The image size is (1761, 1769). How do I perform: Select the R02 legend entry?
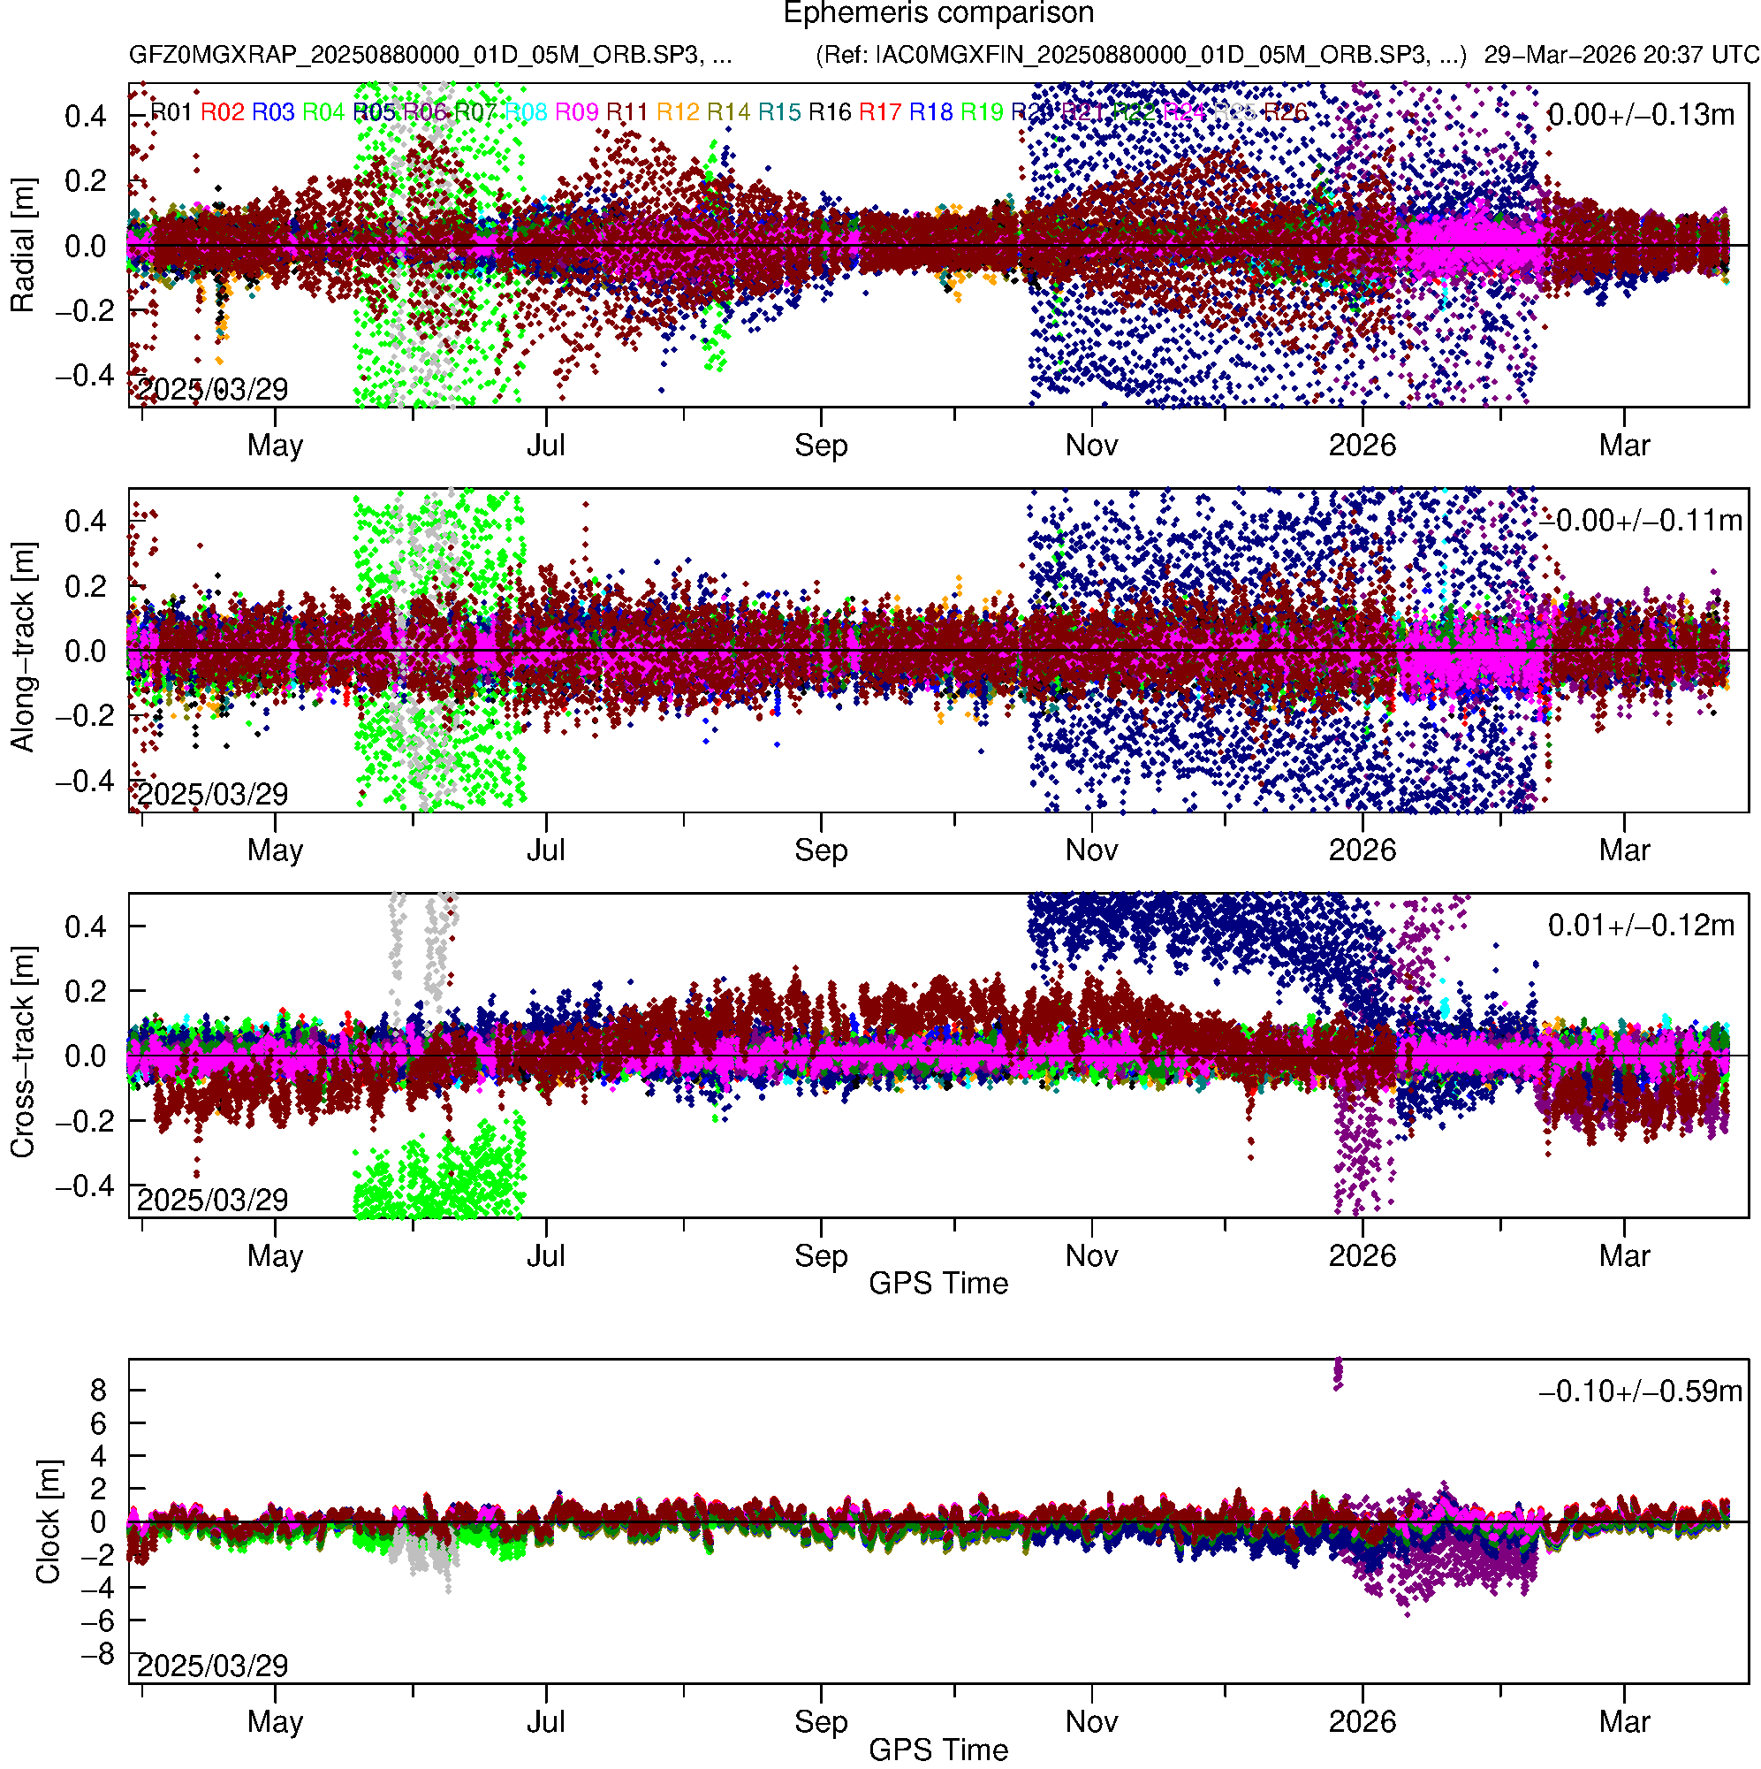223,112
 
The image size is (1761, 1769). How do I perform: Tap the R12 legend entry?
678,112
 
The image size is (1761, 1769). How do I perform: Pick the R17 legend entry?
879,112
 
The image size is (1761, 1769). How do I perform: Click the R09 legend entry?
577,112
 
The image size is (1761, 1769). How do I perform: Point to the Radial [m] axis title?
22,246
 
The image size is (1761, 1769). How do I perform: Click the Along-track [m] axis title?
22,647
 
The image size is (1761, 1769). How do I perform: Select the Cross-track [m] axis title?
22,1053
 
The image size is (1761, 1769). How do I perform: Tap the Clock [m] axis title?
48,1521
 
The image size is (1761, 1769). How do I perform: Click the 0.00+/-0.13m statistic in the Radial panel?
1640,115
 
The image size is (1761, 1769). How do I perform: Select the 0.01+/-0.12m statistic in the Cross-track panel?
1640,926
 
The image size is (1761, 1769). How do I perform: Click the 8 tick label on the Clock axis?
98,1391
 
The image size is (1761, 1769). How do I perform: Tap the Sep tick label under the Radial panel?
821,446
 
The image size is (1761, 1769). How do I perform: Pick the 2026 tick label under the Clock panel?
1362,1722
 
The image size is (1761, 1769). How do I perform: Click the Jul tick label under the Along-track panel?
545,850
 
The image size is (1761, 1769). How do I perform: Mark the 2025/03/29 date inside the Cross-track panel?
212,1200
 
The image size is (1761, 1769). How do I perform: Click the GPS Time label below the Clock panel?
938,1750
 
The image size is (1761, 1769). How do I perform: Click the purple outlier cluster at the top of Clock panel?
1338,1373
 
